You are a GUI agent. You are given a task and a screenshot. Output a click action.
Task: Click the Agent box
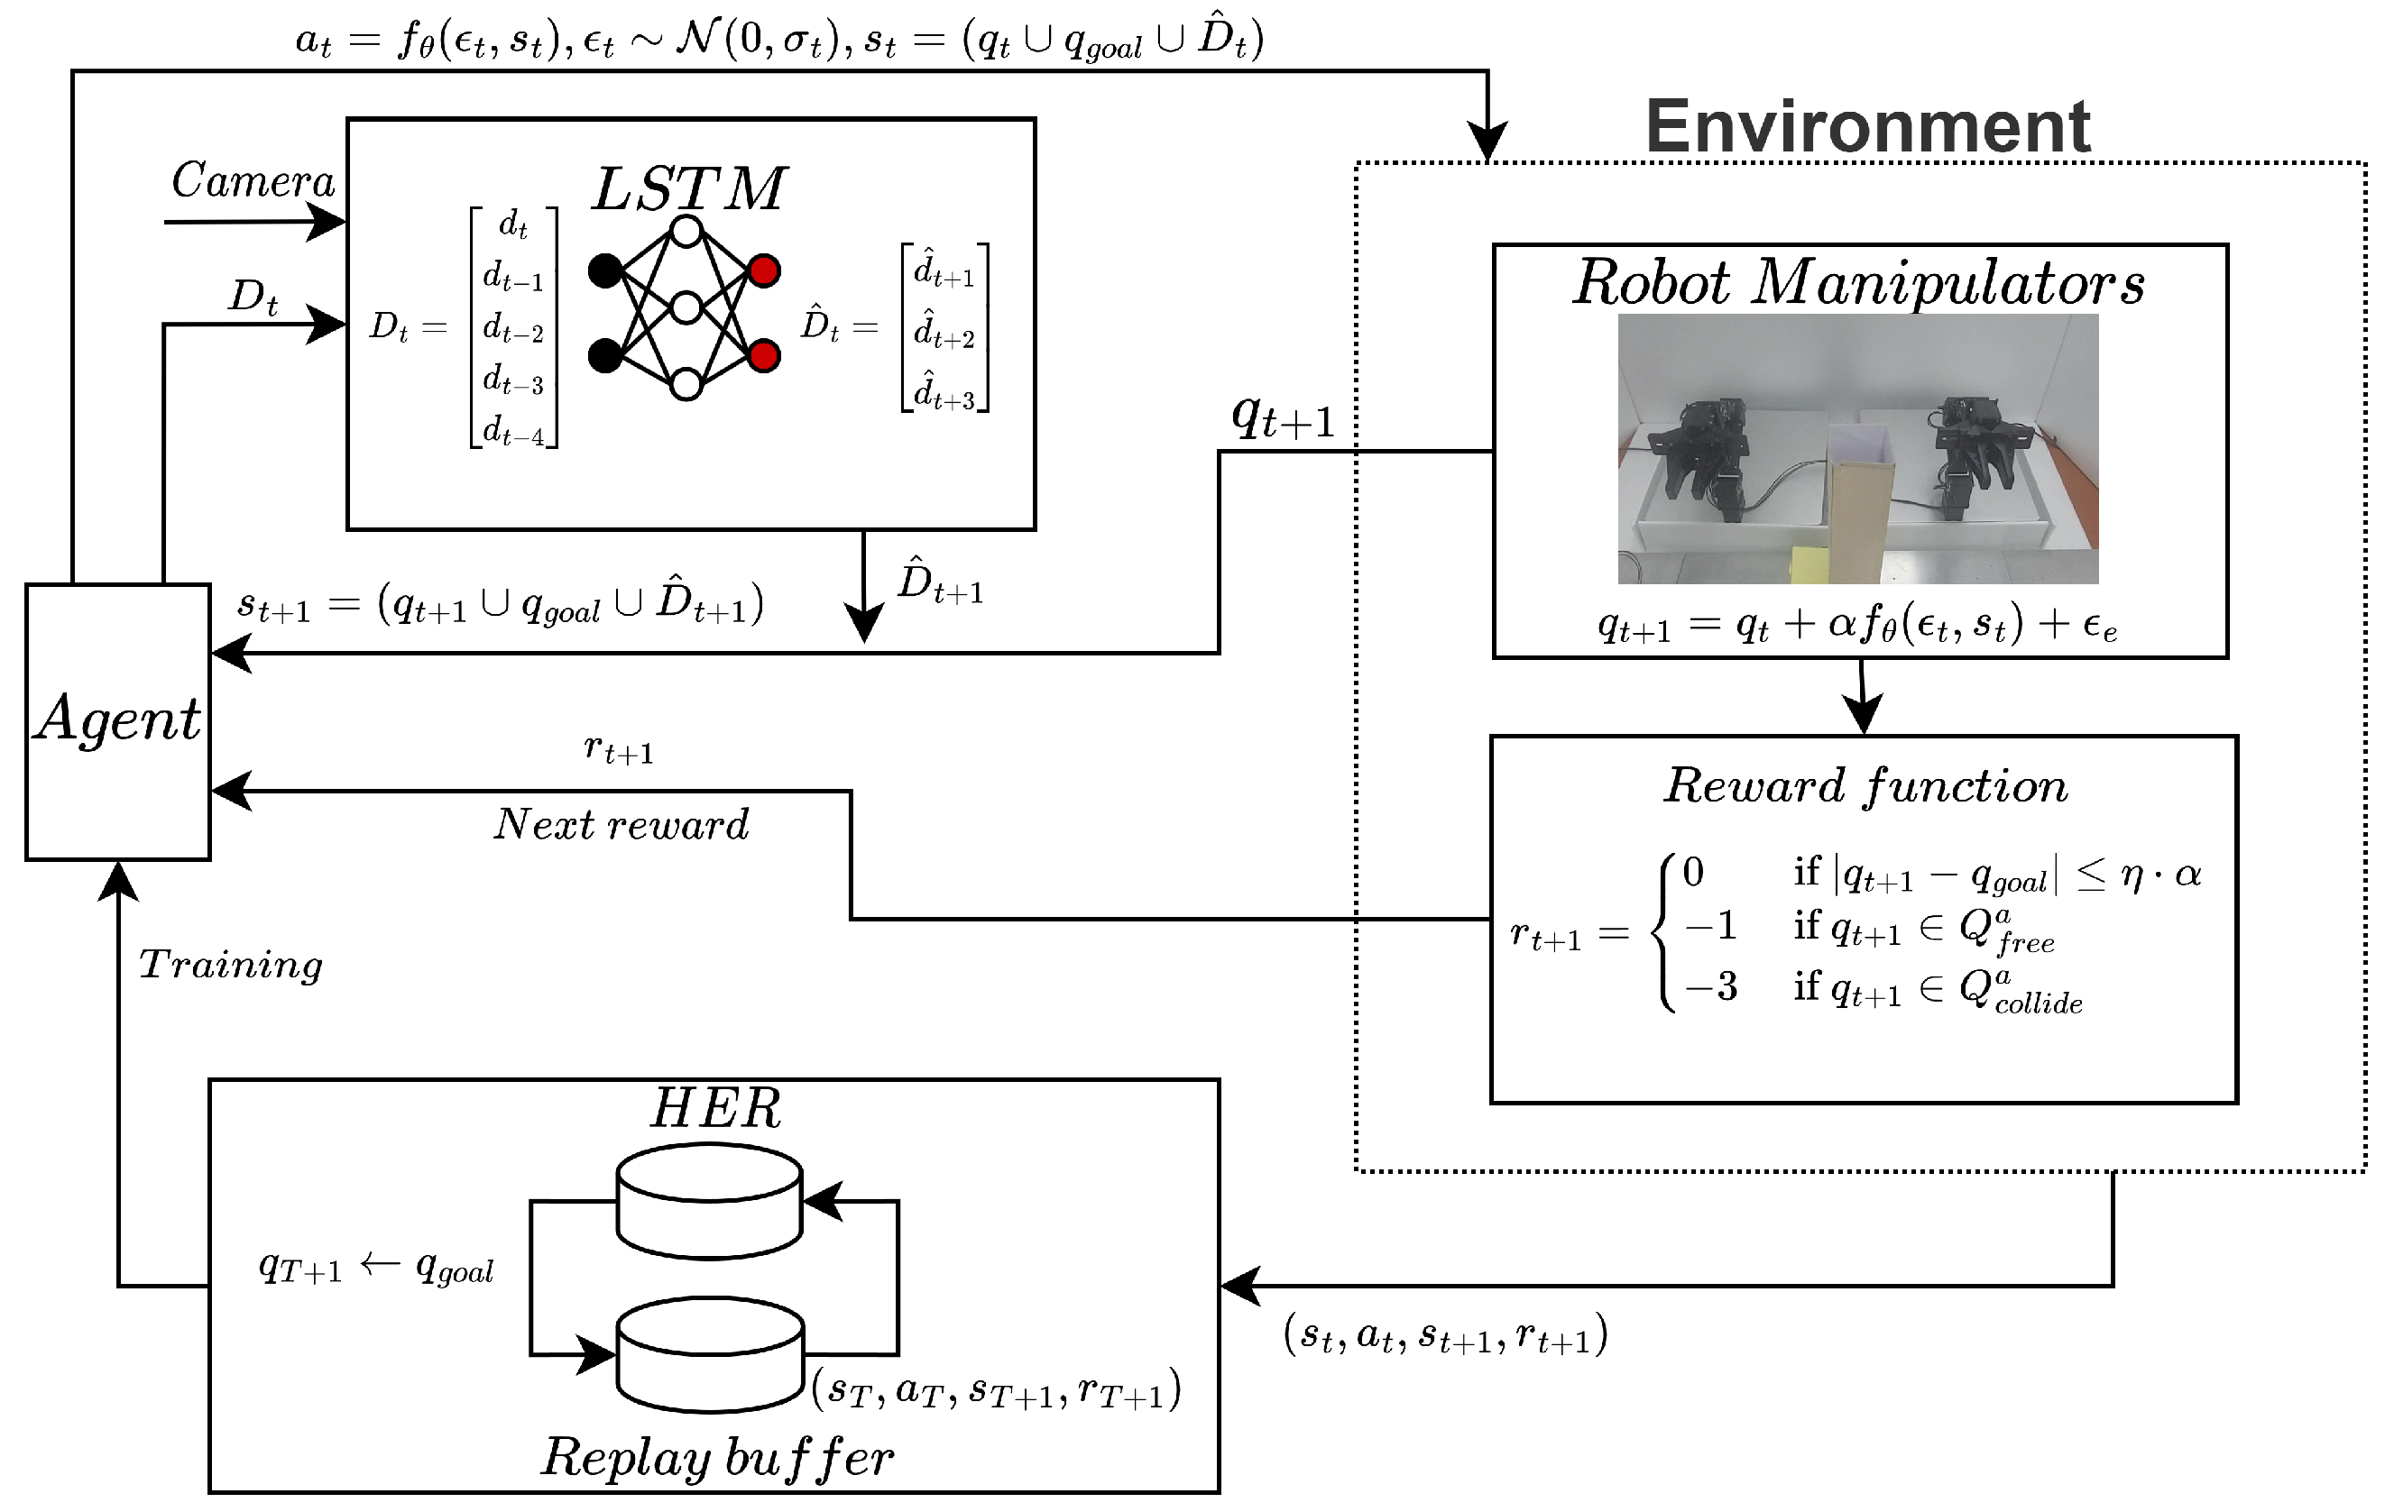tap(118, 721)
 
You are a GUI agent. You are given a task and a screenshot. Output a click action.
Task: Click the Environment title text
tap(1866, 127)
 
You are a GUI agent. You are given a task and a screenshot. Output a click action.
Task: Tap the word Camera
tap(253, 181)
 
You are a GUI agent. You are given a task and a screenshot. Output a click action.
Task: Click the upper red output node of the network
tap(764, 270)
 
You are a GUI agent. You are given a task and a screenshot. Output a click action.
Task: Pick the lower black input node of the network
tap(605, 355)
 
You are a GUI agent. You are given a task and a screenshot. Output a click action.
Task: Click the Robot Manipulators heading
tap(1858, 283)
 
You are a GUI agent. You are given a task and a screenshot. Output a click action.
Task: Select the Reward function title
tap(1864, 786)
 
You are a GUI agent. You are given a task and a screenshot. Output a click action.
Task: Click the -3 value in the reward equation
tap(1711, 986)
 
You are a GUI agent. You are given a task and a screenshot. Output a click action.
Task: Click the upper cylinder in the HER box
tap(709, 1200)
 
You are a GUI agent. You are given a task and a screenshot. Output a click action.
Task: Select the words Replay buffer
tap(717, 1456)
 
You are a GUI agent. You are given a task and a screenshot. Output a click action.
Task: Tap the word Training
tap(231, 965)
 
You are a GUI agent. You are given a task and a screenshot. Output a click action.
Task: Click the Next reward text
tap(621, 824)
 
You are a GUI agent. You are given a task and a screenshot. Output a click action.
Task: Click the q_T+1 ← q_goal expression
tap(376, 1267)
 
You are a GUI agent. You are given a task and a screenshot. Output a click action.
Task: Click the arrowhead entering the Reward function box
tap(1863, 716)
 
